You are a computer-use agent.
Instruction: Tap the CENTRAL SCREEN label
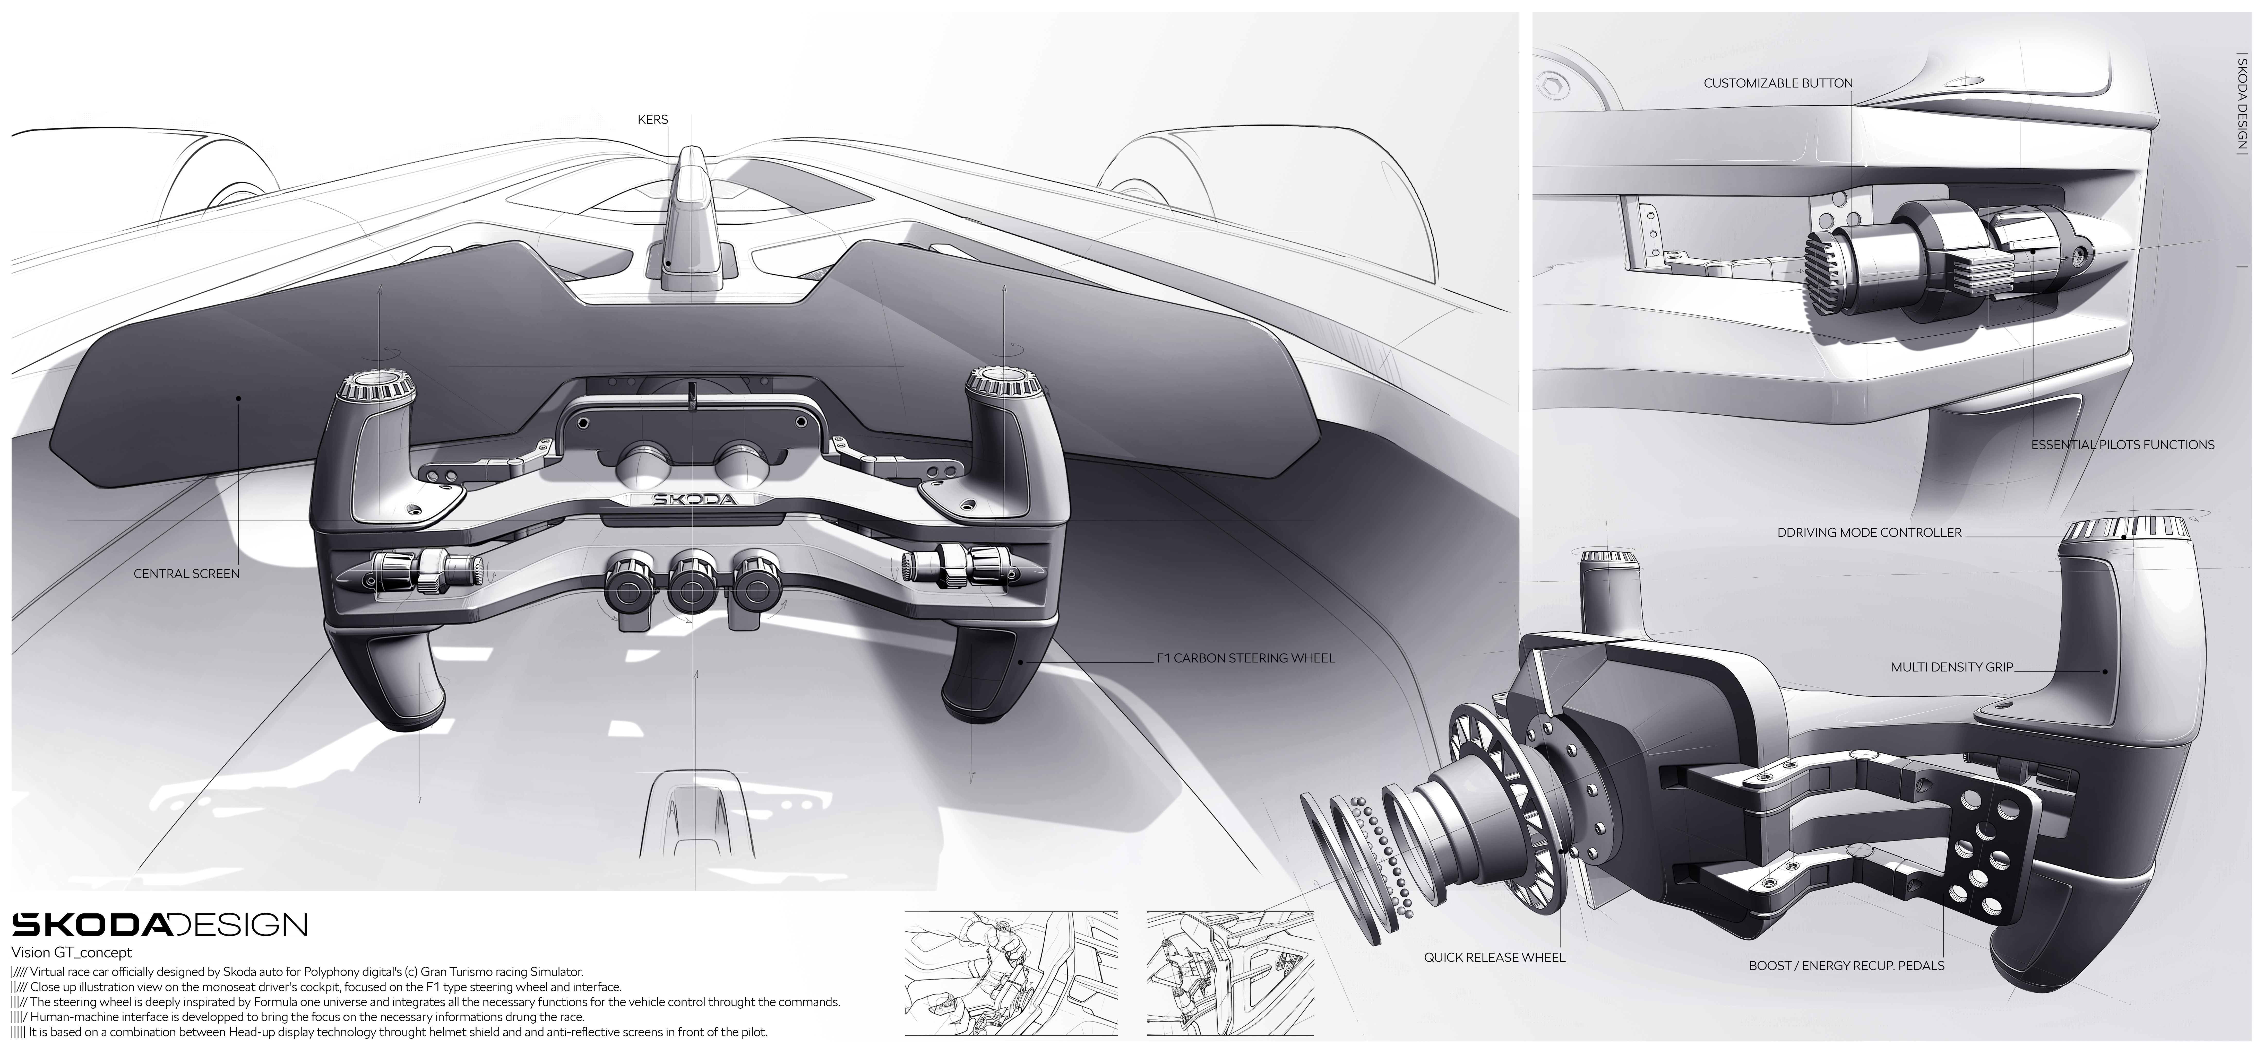click(x=186, y=574)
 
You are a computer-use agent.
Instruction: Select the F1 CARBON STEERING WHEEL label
click(x=1245, y=658)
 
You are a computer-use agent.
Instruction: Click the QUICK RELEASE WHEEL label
click(x=1494, y=958)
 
